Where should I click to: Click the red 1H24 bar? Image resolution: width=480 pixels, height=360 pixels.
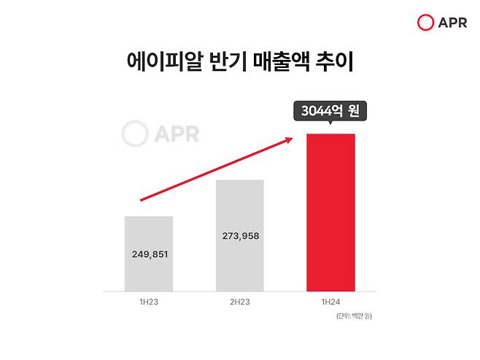[330, 212]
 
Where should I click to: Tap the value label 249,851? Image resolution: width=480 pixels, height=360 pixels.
[149, 256]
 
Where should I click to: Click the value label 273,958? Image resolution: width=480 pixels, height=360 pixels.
[240, 236]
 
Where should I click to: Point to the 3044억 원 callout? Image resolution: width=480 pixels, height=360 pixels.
[330, 112]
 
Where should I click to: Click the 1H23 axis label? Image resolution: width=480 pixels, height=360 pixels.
[149, 301]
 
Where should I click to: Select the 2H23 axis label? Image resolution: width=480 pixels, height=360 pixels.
[240, 301]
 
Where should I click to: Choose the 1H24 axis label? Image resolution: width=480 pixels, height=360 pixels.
[330, 301]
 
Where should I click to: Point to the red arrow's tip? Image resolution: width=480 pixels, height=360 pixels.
[293, 137]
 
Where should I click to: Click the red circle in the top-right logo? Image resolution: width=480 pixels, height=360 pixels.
[425, 23]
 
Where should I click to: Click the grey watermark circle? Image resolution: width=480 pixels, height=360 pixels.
[133, 134]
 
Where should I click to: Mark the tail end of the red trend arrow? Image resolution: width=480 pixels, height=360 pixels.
[141, 199]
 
